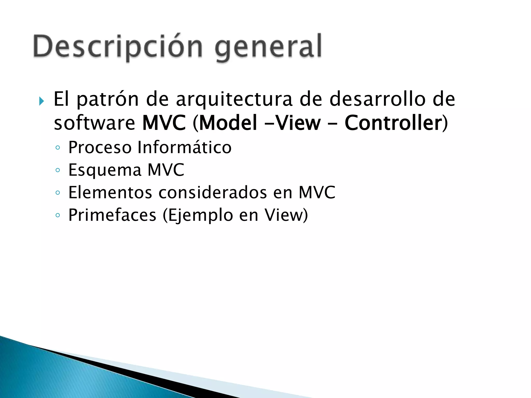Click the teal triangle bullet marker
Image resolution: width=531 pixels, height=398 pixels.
(x=41, y=101)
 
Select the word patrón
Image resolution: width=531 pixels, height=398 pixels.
(x=108, y=100)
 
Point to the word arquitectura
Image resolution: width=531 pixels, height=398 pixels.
(x=234, y=100)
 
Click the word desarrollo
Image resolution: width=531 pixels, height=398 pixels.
(x=378, y=99)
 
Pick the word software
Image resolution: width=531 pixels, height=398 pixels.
(x=94, y=123)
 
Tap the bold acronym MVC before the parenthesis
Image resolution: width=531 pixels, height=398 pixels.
(x=164, y=123)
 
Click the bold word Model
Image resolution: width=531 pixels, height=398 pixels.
(x=228, y=123)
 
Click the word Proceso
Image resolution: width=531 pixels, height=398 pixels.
(x=100, y=147)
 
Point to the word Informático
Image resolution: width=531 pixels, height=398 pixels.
(x=184, y=147)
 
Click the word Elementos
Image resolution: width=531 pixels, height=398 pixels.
(x=110, y=193)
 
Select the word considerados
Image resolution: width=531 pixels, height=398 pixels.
(x=213, y=193)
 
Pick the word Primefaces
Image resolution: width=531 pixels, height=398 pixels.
(x=112, y=215)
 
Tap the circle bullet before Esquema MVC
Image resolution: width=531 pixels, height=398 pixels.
(x=58, y=170)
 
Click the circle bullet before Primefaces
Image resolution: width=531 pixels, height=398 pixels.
(x=58, y=215)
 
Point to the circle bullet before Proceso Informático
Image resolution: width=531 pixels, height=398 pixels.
(x=58, y=148)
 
